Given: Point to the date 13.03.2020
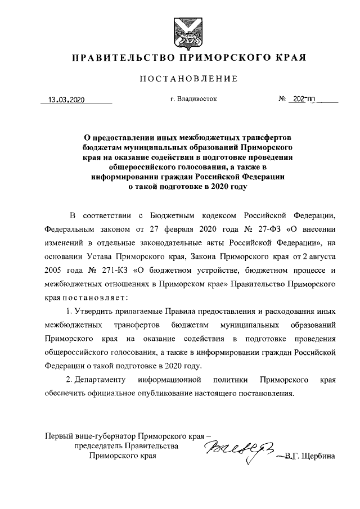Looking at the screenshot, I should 66,100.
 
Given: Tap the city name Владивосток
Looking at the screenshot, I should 196,99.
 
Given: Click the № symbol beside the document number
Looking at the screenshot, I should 283,100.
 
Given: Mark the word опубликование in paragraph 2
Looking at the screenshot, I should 166,394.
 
